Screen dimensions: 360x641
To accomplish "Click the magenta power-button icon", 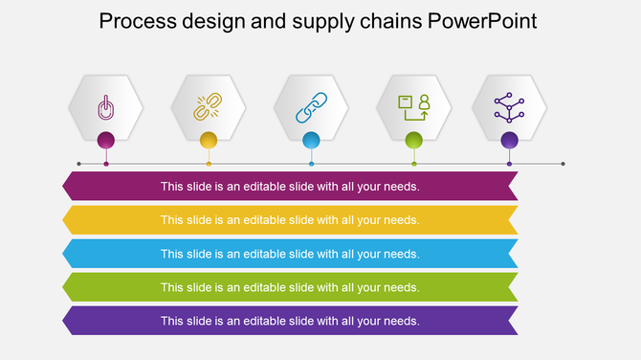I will click(x=105, y=107).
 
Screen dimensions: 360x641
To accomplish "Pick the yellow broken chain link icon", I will click(x=208, y=106).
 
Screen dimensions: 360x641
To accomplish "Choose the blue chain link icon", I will click(x=311, y=106).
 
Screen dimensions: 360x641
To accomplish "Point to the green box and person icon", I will click(x=414, y=106).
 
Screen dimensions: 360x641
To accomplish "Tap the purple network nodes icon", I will click(x=509, y=106).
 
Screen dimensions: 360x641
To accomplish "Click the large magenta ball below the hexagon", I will click(x=106, y=141).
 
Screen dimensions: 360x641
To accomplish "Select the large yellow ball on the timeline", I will click(x=209, y=141).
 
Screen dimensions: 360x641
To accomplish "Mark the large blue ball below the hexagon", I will click(x=311, y=141).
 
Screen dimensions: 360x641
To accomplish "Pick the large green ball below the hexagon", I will click(x=414, y=141).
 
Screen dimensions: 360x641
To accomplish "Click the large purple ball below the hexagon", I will click(x=510, y=141).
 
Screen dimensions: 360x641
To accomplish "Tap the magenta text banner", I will click(x=290, y=187).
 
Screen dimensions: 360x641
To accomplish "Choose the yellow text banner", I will click(x=290, y=220).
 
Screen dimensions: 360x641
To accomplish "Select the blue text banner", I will click(x=290, y=254).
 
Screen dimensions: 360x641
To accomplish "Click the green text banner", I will click(x=290, y=287).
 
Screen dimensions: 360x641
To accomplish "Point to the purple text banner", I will click(x=290, y=321).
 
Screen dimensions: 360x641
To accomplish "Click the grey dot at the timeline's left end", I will click(x=78, y=164).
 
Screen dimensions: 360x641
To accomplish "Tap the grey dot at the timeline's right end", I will click(x=563, y=164).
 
